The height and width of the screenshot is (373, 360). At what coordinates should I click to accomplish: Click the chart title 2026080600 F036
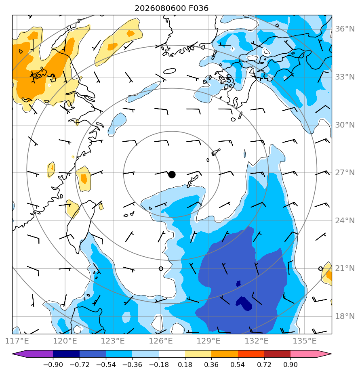(x=171, y=8)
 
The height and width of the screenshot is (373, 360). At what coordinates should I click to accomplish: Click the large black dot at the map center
(x=172, y=175)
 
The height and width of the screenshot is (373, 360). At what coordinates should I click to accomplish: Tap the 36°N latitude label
(x=345, y=29)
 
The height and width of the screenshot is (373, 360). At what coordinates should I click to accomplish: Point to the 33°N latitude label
(x=345, y=77)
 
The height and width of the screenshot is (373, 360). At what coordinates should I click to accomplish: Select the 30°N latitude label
(x=345, y=125)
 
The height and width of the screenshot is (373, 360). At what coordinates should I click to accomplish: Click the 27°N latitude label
(x=345, y=173)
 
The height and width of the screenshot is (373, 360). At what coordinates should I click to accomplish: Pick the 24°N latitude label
(x=345, y=221)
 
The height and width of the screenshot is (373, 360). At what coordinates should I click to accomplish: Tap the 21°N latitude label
(x=345, y=268)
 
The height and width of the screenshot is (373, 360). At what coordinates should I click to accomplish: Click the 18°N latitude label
(x=345, y=316)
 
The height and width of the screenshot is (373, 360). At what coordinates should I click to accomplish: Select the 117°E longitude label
(x=17, y=341)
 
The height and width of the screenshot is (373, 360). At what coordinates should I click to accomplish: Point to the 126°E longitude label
(x=161, y=341)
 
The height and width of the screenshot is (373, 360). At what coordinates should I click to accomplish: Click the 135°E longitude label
(x=305, y=341)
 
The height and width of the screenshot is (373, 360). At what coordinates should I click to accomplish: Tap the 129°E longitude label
(x=208, y=341)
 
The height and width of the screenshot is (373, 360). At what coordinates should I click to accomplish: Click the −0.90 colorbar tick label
(x=53, y=365)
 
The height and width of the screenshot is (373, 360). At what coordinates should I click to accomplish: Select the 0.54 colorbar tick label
(x=238, y=365)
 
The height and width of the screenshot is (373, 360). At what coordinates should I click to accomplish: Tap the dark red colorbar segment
(x=278, y=354)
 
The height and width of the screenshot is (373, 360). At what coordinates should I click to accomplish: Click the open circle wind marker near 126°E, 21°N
(x=161, y=268)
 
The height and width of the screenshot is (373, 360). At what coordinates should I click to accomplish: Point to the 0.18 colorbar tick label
(x=185, y=365)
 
